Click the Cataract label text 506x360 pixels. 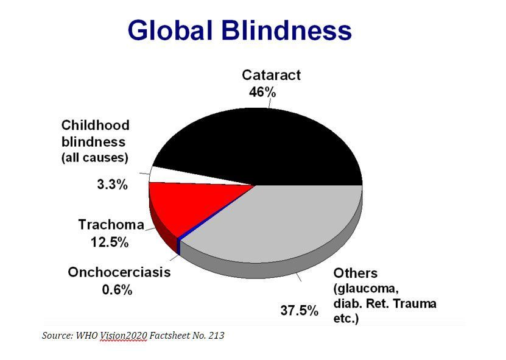pyautogui.click(x=271, y=76)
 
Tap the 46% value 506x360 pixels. pyautogui.click(x=262, y=92)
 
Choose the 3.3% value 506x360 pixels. pyautogui.click(x=112, y=185)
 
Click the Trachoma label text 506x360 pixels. pyautogui.click(x=111, y=225)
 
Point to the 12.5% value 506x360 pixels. pyautogui.click(x=110, y=242)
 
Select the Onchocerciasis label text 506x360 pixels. pyautogui.click(x=119, y=272)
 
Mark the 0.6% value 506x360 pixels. pyautogui.click(x=117, y=289)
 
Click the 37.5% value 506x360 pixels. pyautogui.click(x=300, y=311)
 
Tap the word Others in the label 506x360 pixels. pyautogui.click(x=356, y=273)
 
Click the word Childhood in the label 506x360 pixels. pyautogui.click(x=96, y=125)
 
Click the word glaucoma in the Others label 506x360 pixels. pyautogui.click(x=367, y=289)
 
